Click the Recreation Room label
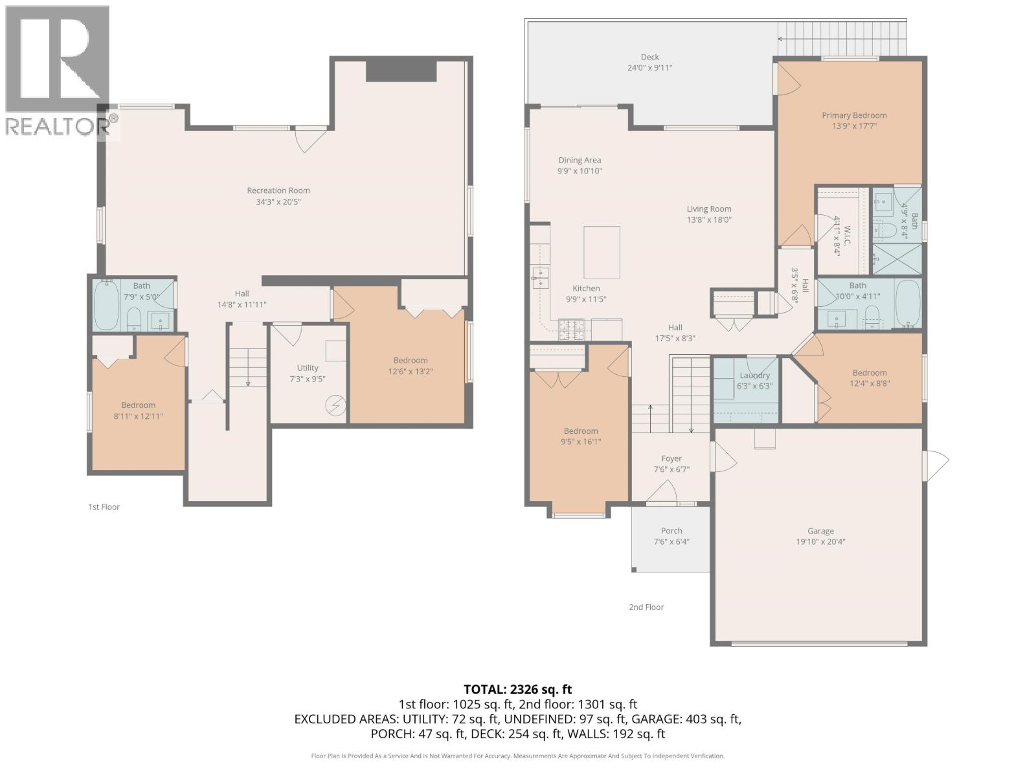coord(278,190)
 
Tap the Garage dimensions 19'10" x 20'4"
coord(820,542)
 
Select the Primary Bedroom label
coord(854,115)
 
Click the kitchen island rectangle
coord(602,252)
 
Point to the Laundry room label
coord(754,376)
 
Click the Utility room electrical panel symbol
coord(335,406)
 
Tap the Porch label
coord(671,531)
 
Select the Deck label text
coord(649,57)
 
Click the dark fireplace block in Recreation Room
coord(401,71)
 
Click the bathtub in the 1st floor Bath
coord(106,305)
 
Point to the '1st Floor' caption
coord(104,507)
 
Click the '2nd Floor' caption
coord(646,607)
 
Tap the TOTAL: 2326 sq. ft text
coord(517,690)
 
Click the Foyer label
coord(671,458)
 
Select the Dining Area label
coord(580,160)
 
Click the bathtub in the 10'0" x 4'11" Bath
coord(907,303)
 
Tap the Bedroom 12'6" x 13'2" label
coord(411,361)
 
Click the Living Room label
coord(709,208)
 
